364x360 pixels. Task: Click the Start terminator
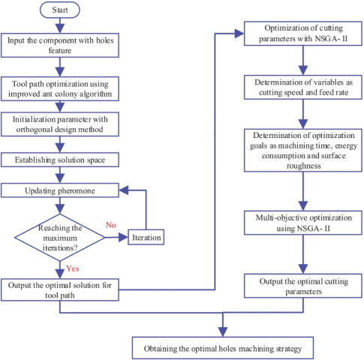pyautogui.click(x=60, y=10)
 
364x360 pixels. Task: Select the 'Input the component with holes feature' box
pyautogui.click(x=60, y=45)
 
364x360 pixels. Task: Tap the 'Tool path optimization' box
pyautogui.click(x=60, y=88)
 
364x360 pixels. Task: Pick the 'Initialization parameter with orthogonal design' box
pyautogui.click(x=60, y=124)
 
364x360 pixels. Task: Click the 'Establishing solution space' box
pyautogui.click(x=60, y=160)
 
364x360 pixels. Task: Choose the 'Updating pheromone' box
pyautogui.click(x=60, y=190)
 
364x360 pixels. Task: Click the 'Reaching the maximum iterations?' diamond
pyautogui.click(x=60, y=238)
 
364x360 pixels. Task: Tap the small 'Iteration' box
pyautogui.click(x=146, y=237)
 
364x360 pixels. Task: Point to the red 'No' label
pyautogui.click(x=111, y=225)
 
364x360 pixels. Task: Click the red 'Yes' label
pyautogui.click(x=73, y=268)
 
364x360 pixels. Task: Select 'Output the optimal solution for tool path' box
pyautogui.click(x=60, y=289)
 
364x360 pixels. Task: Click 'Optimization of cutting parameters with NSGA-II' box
pyautogui.click(x=303, y=34)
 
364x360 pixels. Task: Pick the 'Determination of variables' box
pyautogui.click(x=303, y=87)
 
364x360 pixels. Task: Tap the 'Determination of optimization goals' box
pyautogui.click(x=303, y=150)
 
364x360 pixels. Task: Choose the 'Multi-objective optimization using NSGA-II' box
pyautogui.click(x=303, y=223)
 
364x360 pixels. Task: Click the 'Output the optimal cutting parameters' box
pyautogui.click(x=303, y=286)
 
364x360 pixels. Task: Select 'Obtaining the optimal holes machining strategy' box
pyautogui.click(x=223, y=348)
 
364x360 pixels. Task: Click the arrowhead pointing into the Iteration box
pyautogui.click(x=123, y=237)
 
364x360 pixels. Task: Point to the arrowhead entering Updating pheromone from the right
pyautogui.click(x=124, y=190)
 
